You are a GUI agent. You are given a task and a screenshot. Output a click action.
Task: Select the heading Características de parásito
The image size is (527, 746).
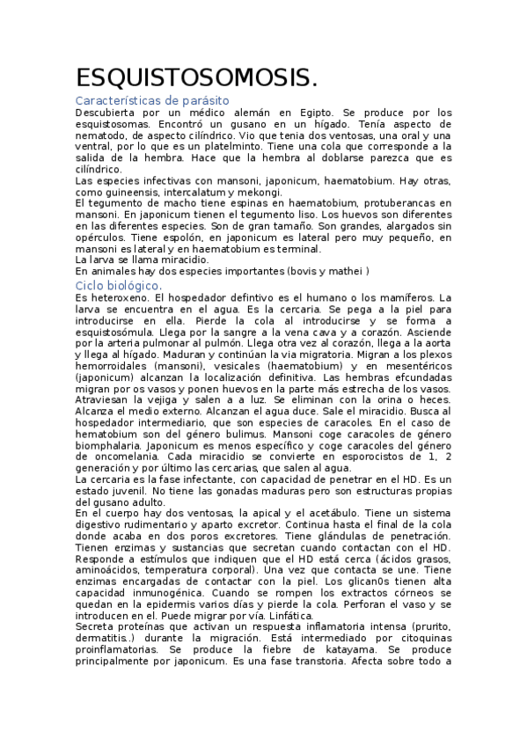coord(152,101)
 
